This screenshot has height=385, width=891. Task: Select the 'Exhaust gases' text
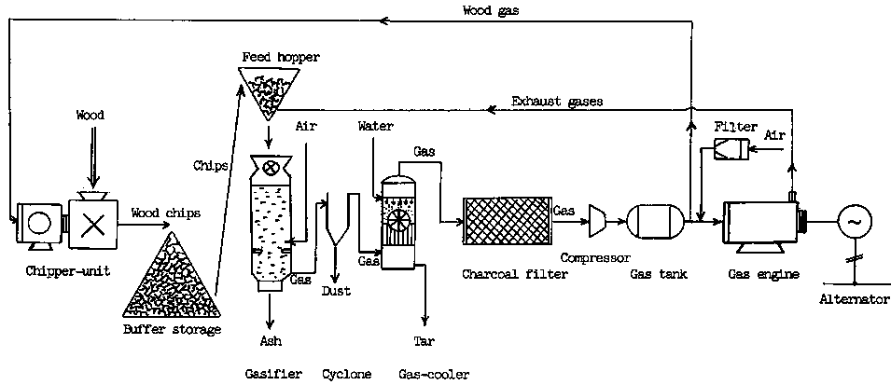click(556, 100)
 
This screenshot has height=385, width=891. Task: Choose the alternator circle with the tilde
click(854, 222)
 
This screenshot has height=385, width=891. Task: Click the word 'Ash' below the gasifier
click(271, 341)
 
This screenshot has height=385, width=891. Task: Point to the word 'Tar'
click(424, 341)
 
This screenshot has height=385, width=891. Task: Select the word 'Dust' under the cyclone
click(336, 291)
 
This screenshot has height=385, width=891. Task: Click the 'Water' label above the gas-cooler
click(374, 125)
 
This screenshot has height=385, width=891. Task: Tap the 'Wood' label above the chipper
click(90, 116)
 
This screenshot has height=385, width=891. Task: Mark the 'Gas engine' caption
click(758, 274)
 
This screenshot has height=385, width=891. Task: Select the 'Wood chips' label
click(166, 213)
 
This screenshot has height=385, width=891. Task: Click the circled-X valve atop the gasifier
click(271, 169)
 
